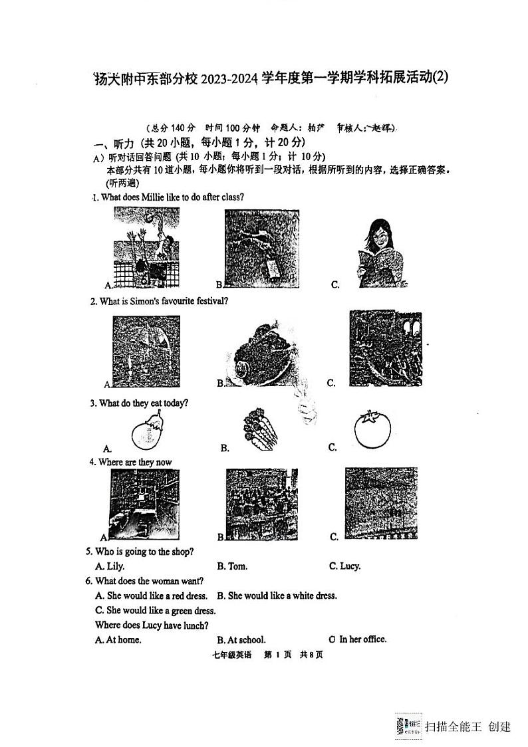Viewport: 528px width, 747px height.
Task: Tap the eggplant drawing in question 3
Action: [148, 431]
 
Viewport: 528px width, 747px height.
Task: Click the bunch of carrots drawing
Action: [260, 428]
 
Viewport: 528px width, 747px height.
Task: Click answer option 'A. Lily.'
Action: [110, 566]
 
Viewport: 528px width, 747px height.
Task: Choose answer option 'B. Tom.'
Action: [232, 566]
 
